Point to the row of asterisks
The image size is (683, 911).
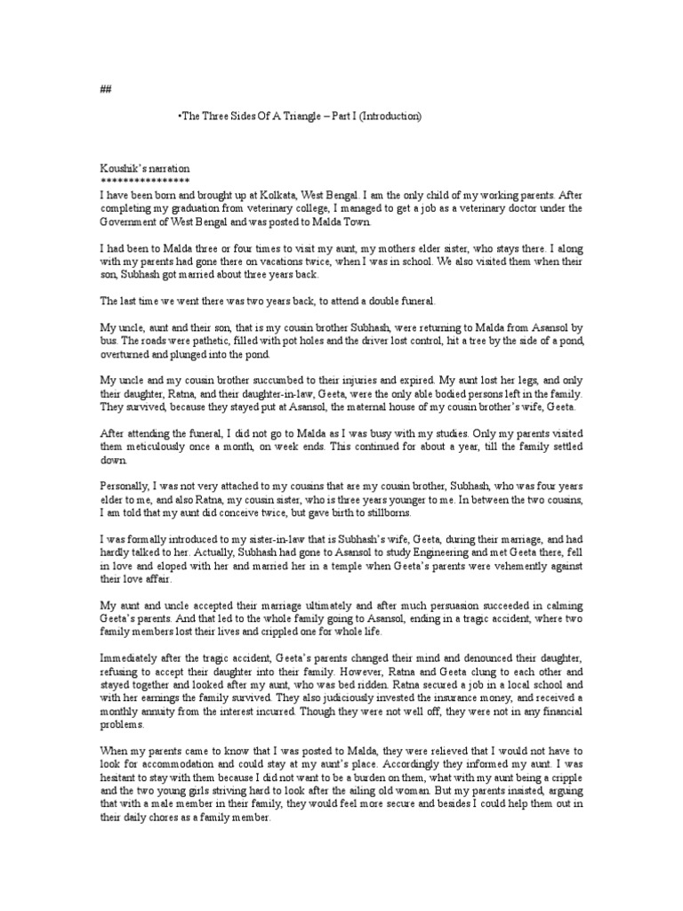coord(145,181)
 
